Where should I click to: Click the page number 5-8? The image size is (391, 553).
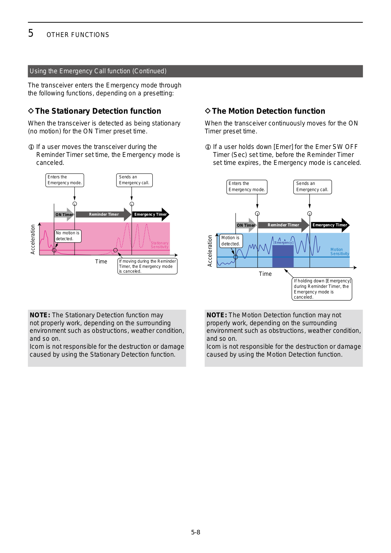[x=195, y=532]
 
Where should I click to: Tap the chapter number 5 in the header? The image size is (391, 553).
[x=31, y=33]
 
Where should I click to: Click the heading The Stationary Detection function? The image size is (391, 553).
[x=98, y=111]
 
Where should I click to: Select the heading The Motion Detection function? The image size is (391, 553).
[x=268, y=111]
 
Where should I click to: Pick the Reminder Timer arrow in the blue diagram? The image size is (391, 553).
[x=283, y=225]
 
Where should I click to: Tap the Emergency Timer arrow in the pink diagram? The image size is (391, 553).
[x=150, y=215]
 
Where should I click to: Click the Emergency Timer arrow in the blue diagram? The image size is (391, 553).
[x=330, y=225]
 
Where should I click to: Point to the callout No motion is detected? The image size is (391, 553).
[x=68, y=236]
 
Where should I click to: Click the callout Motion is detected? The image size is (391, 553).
[x=231, y=241]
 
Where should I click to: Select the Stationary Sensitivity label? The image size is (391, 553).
[x=160, y=245]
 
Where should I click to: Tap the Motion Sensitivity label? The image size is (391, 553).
[x=339, y=252]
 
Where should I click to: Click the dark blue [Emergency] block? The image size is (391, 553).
[x=283, y=256]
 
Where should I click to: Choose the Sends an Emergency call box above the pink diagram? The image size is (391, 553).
[x=134, y=180]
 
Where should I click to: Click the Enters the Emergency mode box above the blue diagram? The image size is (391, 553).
[x=247, y=187]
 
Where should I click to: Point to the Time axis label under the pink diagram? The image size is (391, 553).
[x=101, y=262]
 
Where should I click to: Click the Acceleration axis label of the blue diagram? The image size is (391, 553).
[x=210, y=251]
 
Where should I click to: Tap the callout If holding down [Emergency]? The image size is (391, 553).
[x=322, y=289]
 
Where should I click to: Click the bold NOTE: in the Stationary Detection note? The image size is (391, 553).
[x=40, y=315]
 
